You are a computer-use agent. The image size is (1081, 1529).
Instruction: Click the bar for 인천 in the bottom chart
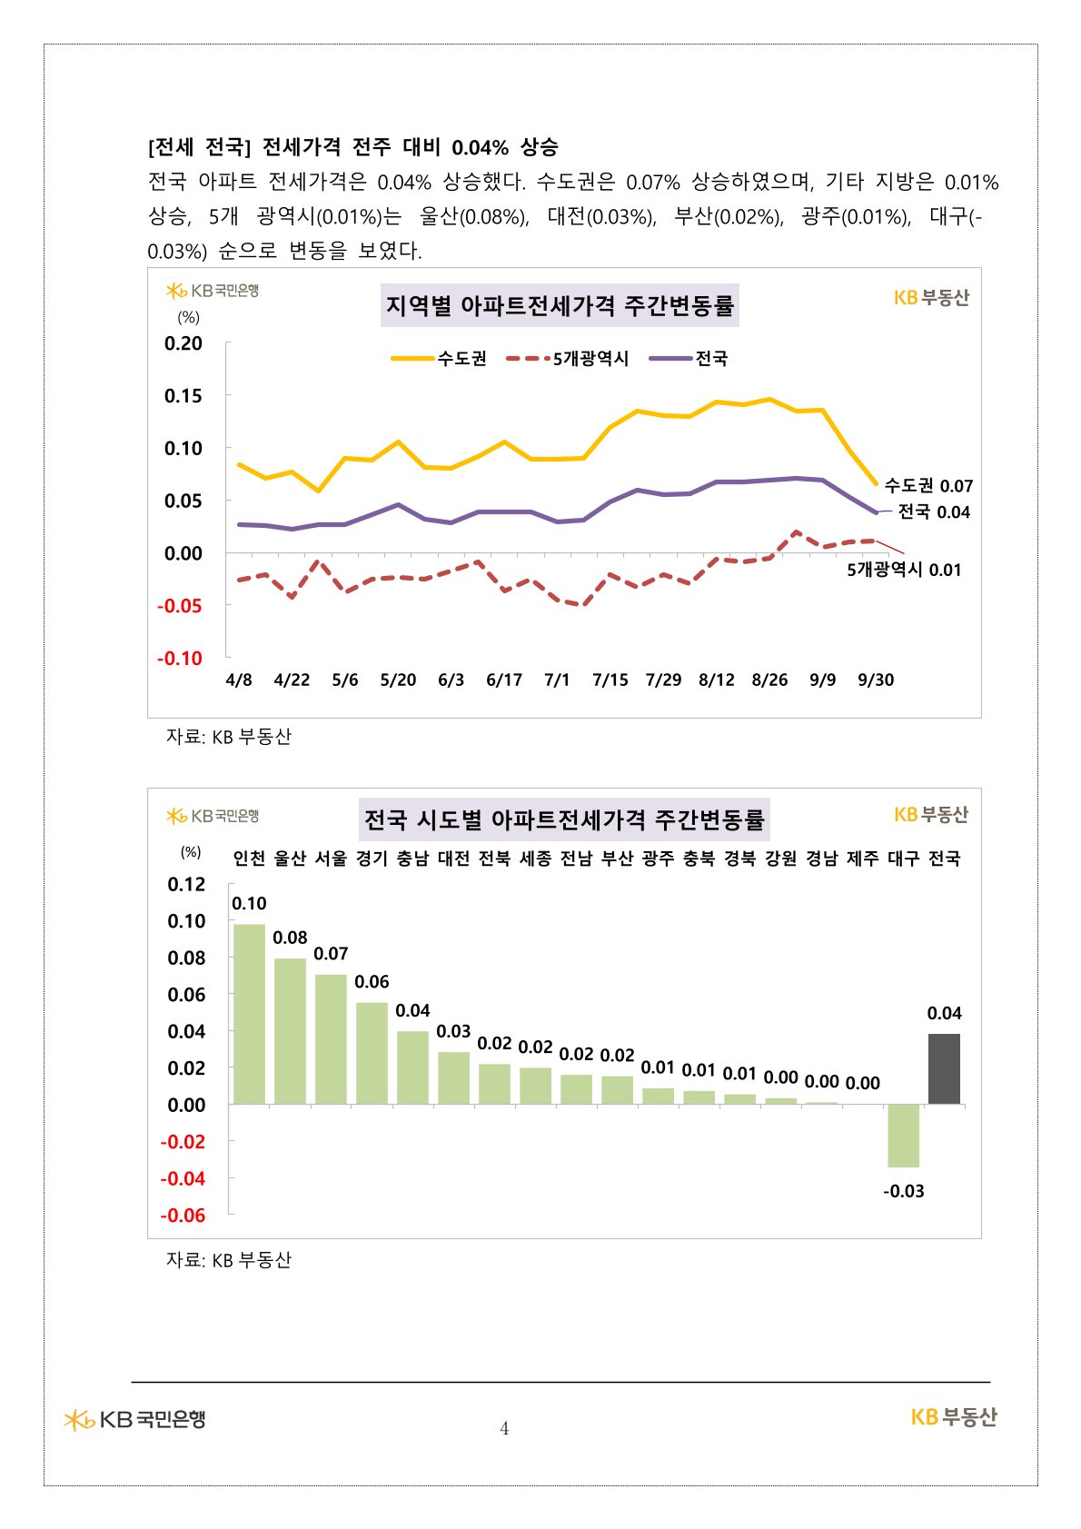click(x=249, y=1014)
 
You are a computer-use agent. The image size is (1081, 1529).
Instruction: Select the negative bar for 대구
click(x=903, y=1136)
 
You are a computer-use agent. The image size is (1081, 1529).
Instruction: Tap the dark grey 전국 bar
click(x=944, y=1069)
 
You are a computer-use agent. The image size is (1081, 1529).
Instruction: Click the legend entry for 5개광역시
click(x=568, y=359)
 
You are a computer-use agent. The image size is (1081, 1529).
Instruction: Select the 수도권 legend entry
click(x=440, y=359)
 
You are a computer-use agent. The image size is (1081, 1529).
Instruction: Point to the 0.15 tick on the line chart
click(x=183, y=396)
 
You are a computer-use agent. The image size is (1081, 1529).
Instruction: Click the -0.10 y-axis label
click(x=180, y=659)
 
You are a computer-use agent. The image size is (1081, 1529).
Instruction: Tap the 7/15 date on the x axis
click(x=610, y=680)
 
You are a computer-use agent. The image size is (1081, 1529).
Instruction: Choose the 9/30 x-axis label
click(x=876, y=680)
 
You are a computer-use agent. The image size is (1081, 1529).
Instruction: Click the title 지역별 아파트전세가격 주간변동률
click(x=560, y=305)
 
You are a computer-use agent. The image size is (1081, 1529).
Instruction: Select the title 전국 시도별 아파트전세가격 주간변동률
click(x=564, y=820)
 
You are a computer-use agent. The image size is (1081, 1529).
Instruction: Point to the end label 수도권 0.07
click(x=928, y=486)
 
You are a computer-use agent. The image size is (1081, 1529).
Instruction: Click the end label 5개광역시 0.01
click(x=904, y=570)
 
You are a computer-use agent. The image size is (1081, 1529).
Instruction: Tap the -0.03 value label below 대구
click(x=904, y=1191)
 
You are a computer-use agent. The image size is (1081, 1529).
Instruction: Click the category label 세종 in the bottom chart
click(x=535, y=859)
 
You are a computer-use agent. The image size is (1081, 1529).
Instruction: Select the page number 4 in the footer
click(x=504, y=1429)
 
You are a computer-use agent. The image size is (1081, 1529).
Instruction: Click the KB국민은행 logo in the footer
click(x=135, y=1419)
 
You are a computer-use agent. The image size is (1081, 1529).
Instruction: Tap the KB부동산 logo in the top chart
click(x=931, y=298)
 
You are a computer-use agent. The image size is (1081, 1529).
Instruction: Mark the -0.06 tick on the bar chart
click(x=183, y=1216)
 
